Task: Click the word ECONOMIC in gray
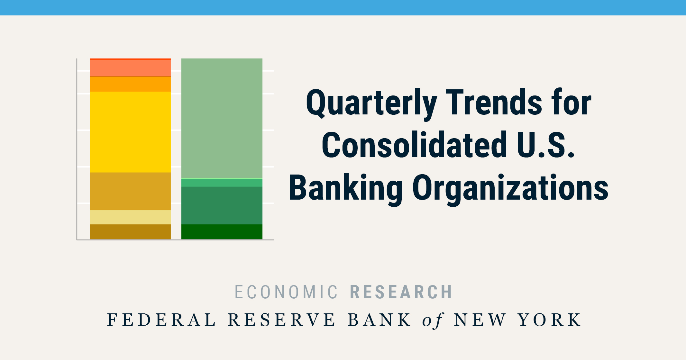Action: pos(286,292)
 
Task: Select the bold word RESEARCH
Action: pos(401,292)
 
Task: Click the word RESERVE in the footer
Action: pos(282,320)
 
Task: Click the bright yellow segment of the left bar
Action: pos(130,132)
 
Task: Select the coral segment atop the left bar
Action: pos(130,68)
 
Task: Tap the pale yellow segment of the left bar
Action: pos(130,217)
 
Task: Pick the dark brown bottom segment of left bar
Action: pos(130,232)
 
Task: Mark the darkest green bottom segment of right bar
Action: pos(222,232)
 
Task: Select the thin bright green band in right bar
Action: pos(222,183)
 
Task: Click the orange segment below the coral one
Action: pos(130,84)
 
